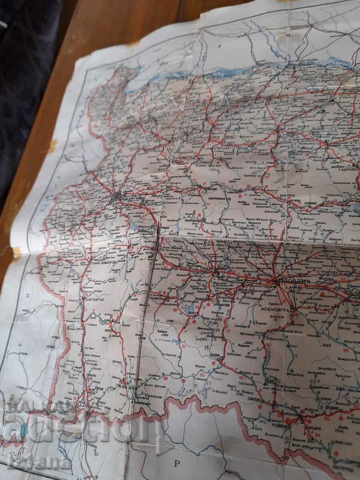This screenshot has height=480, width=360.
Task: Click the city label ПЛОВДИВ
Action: point(293,281)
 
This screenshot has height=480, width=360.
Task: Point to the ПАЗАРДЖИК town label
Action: point(209,269)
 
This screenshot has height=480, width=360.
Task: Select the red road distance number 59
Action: point(165,377)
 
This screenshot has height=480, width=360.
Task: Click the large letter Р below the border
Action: point(177,463)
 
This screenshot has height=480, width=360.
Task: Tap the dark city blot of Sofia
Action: point(117,196)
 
